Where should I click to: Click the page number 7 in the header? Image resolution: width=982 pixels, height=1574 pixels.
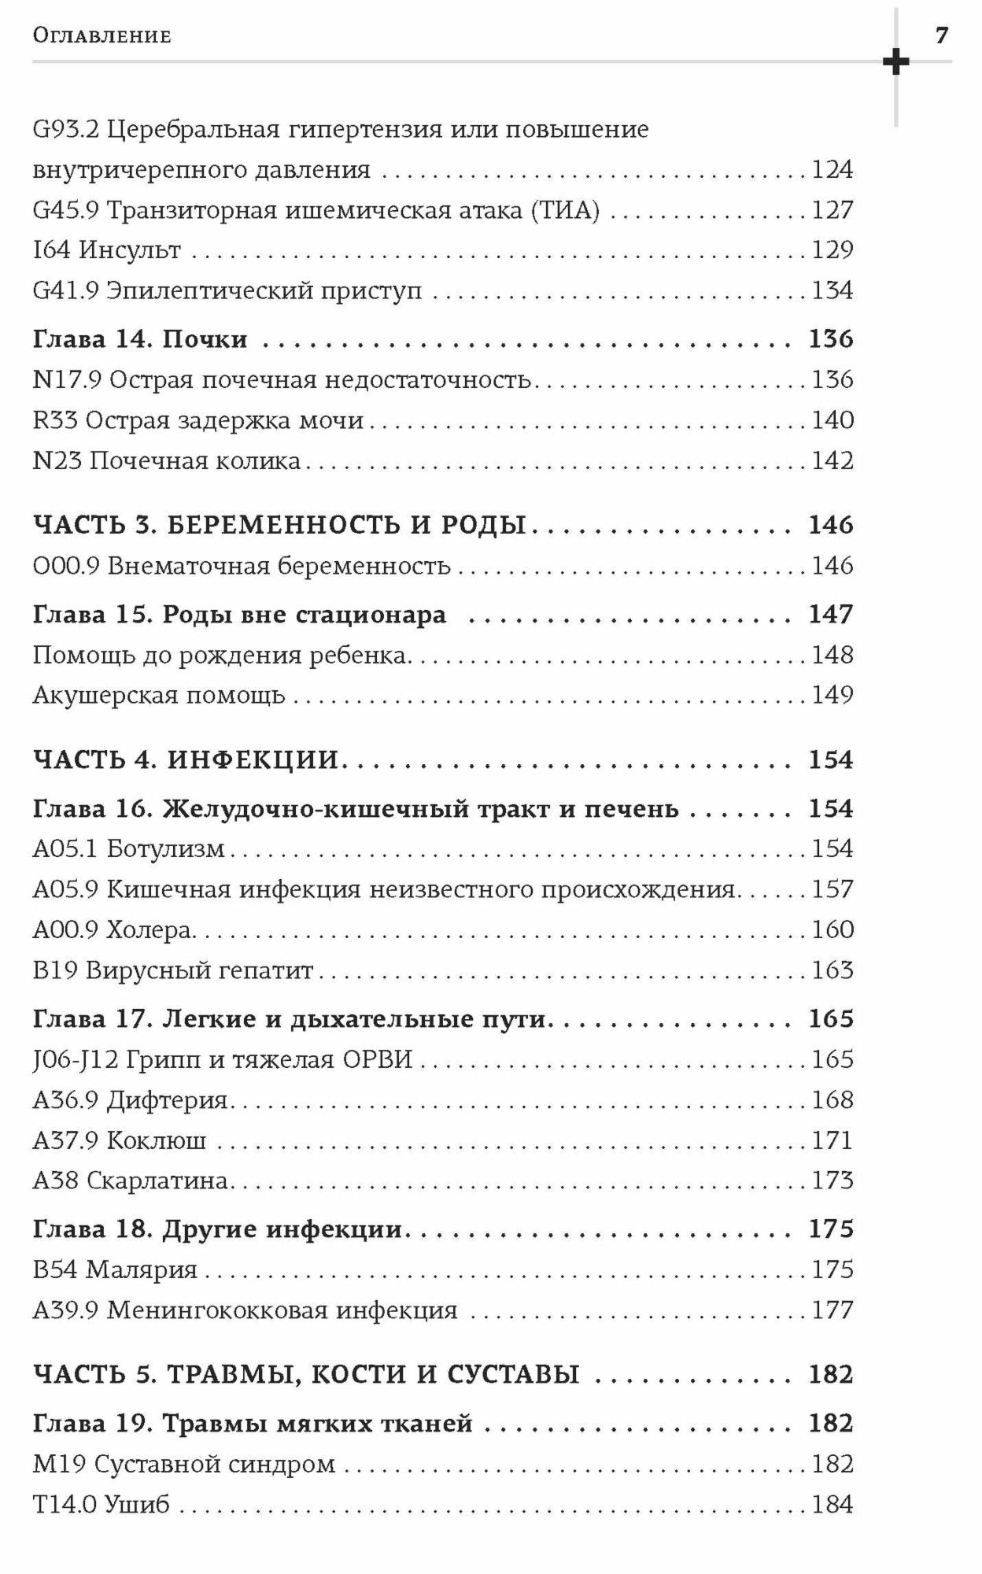(x=942, y=35)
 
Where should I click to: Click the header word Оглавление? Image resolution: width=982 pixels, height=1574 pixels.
(x=102, y=36)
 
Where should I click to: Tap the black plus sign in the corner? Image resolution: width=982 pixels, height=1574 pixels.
(x=895, y=61)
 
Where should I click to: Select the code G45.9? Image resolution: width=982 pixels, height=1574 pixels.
(x=65, y=210)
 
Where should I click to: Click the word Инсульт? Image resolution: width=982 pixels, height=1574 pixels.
(x=130, y=250)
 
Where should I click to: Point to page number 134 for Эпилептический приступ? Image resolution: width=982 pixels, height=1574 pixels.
(x=832, y=290)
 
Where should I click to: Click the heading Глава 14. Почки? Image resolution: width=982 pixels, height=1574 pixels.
(x=140, y=339)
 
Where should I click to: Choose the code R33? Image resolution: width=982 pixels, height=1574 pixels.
(x=55, y=420)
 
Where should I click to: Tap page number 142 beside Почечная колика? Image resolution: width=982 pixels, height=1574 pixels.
(x=832, y=460)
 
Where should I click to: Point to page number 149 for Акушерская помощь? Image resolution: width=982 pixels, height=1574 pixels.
(x=832, y=695)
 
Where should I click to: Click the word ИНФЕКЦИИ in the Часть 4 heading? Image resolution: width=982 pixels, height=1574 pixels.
(x=253, y=759)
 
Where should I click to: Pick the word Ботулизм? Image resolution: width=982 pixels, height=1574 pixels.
(x=165, y=848)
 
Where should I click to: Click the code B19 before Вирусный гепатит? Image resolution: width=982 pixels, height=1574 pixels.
(x=55, y=970)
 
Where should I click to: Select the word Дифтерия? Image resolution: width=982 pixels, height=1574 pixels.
(x=167, y=1099)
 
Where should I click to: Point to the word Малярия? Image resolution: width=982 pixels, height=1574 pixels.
(x=142, y=1269)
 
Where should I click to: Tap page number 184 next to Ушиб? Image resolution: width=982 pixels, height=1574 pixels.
(x=832, y=1504)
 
